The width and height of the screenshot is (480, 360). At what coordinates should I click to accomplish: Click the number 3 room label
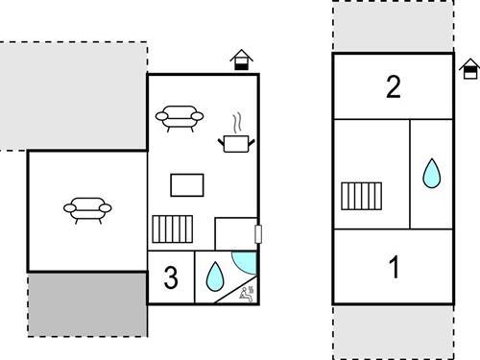[171, 278]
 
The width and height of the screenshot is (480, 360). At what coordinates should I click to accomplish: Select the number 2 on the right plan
[393, 87]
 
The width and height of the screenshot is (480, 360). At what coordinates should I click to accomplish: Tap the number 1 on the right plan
[393, 268]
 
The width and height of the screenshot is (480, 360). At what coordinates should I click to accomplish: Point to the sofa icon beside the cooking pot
[180, 116]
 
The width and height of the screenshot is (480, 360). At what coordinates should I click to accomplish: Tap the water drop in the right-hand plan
[432, 174]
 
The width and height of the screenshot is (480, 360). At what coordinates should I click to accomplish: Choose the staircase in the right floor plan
[362, 196]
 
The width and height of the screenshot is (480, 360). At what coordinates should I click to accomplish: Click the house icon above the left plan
[243, 60]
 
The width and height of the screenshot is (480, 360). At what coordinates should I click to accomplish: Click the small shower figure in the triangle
[248, 292]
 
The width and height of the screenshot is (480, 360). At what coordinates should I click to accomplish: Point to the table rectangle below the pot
[187, 184]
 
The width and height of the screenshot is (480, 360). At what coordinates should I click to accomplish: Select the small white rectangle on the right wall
[257, 233]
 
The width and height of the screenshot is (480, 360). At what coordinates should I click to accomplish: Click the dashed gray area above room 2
[393, 27]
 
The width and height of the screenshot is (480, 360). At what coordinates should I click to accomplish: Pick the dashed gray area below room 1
[393, 331]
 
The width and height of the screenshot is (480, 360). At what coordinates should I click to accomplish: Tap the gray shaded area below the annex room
[86, 303]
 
